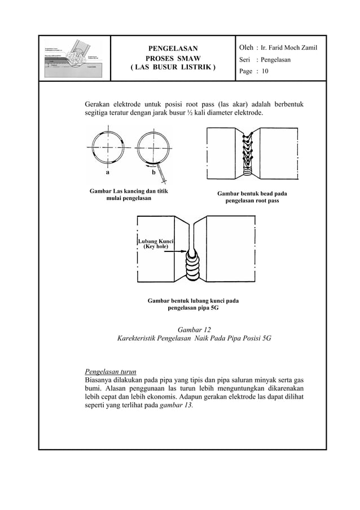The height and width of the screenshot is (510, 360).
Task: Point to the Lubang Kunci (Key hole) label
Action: pyautogui.click(x=155, y=245)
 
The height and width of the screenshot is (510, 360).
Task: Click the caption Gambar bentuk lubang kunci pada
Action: pyautogui.click(x=192, y=301)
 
